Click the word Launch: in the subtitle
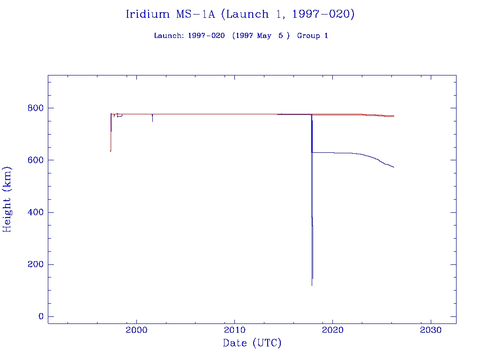169,36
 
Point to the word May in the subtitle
264,36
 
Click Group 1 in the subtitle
312,36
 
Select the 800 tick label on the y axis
35,108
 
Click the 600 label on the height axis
35,160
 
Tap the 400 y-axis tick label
35,212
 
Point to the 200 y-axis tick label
35,264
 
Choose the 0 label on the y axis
41,316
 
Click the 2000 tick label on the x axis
136,330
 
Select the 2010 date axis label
234,330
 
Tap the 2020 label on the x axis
332,330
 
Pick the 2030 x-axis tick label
430,330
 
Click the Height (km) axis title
7,199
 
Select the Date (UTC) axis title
252,343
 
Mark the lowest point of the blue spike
312,285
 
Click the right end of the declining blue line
394,167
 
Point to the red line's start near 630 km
110,151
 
